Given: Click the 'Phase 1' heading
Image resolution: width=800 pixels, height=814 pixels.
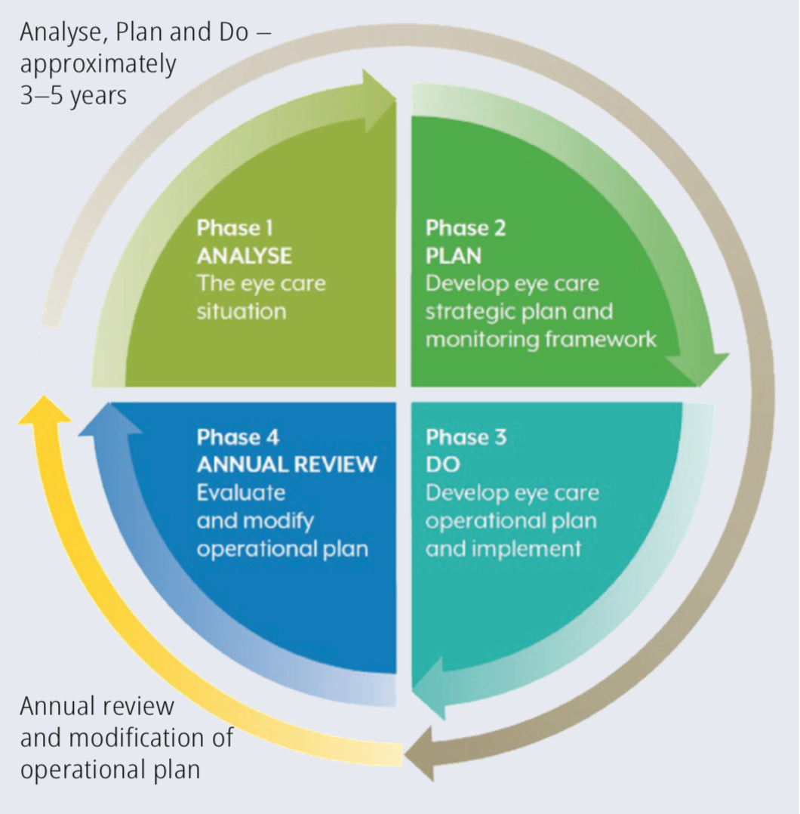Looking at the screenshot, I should tap(235, 227).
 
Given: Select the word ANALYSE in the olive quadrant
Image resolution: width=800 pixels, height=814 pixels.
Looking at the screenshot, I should tap(244, 255).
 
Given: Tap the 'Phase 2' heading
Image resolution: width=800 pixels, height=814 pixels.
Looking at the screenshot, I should tap(466, 227).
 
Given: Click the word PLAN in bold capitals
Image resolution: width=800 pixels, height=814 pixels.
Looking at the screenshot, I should tap(453, 255).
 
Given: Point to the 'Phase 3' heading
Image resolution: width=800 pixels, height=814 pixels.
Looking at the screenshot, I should tap(466, 437).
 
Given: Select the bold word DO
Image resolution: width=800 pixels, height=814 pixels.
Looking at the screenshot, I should tap(442, 464).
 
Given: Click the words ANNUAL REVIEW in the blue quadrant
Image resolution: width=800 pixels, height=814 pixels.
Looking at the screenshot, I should tap(286, 464).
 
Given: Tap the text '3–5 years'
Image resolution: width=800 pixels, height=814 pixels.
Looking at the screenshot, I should tap(73, 97).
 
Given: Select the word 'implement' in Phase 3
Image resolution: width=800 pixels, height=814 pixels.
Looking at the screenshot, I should tap(525, 548).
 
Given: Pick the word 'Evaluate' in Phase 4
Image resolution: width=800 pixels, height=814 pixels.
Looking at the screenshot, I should tap(241, 492).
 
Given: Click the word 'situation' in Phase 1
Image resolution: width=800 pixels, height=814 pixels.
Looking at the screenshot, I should tap(241, 311).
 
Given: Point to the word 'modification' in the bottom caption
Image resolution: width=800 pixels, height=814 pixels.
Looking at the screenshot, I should tap(151, 738).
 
